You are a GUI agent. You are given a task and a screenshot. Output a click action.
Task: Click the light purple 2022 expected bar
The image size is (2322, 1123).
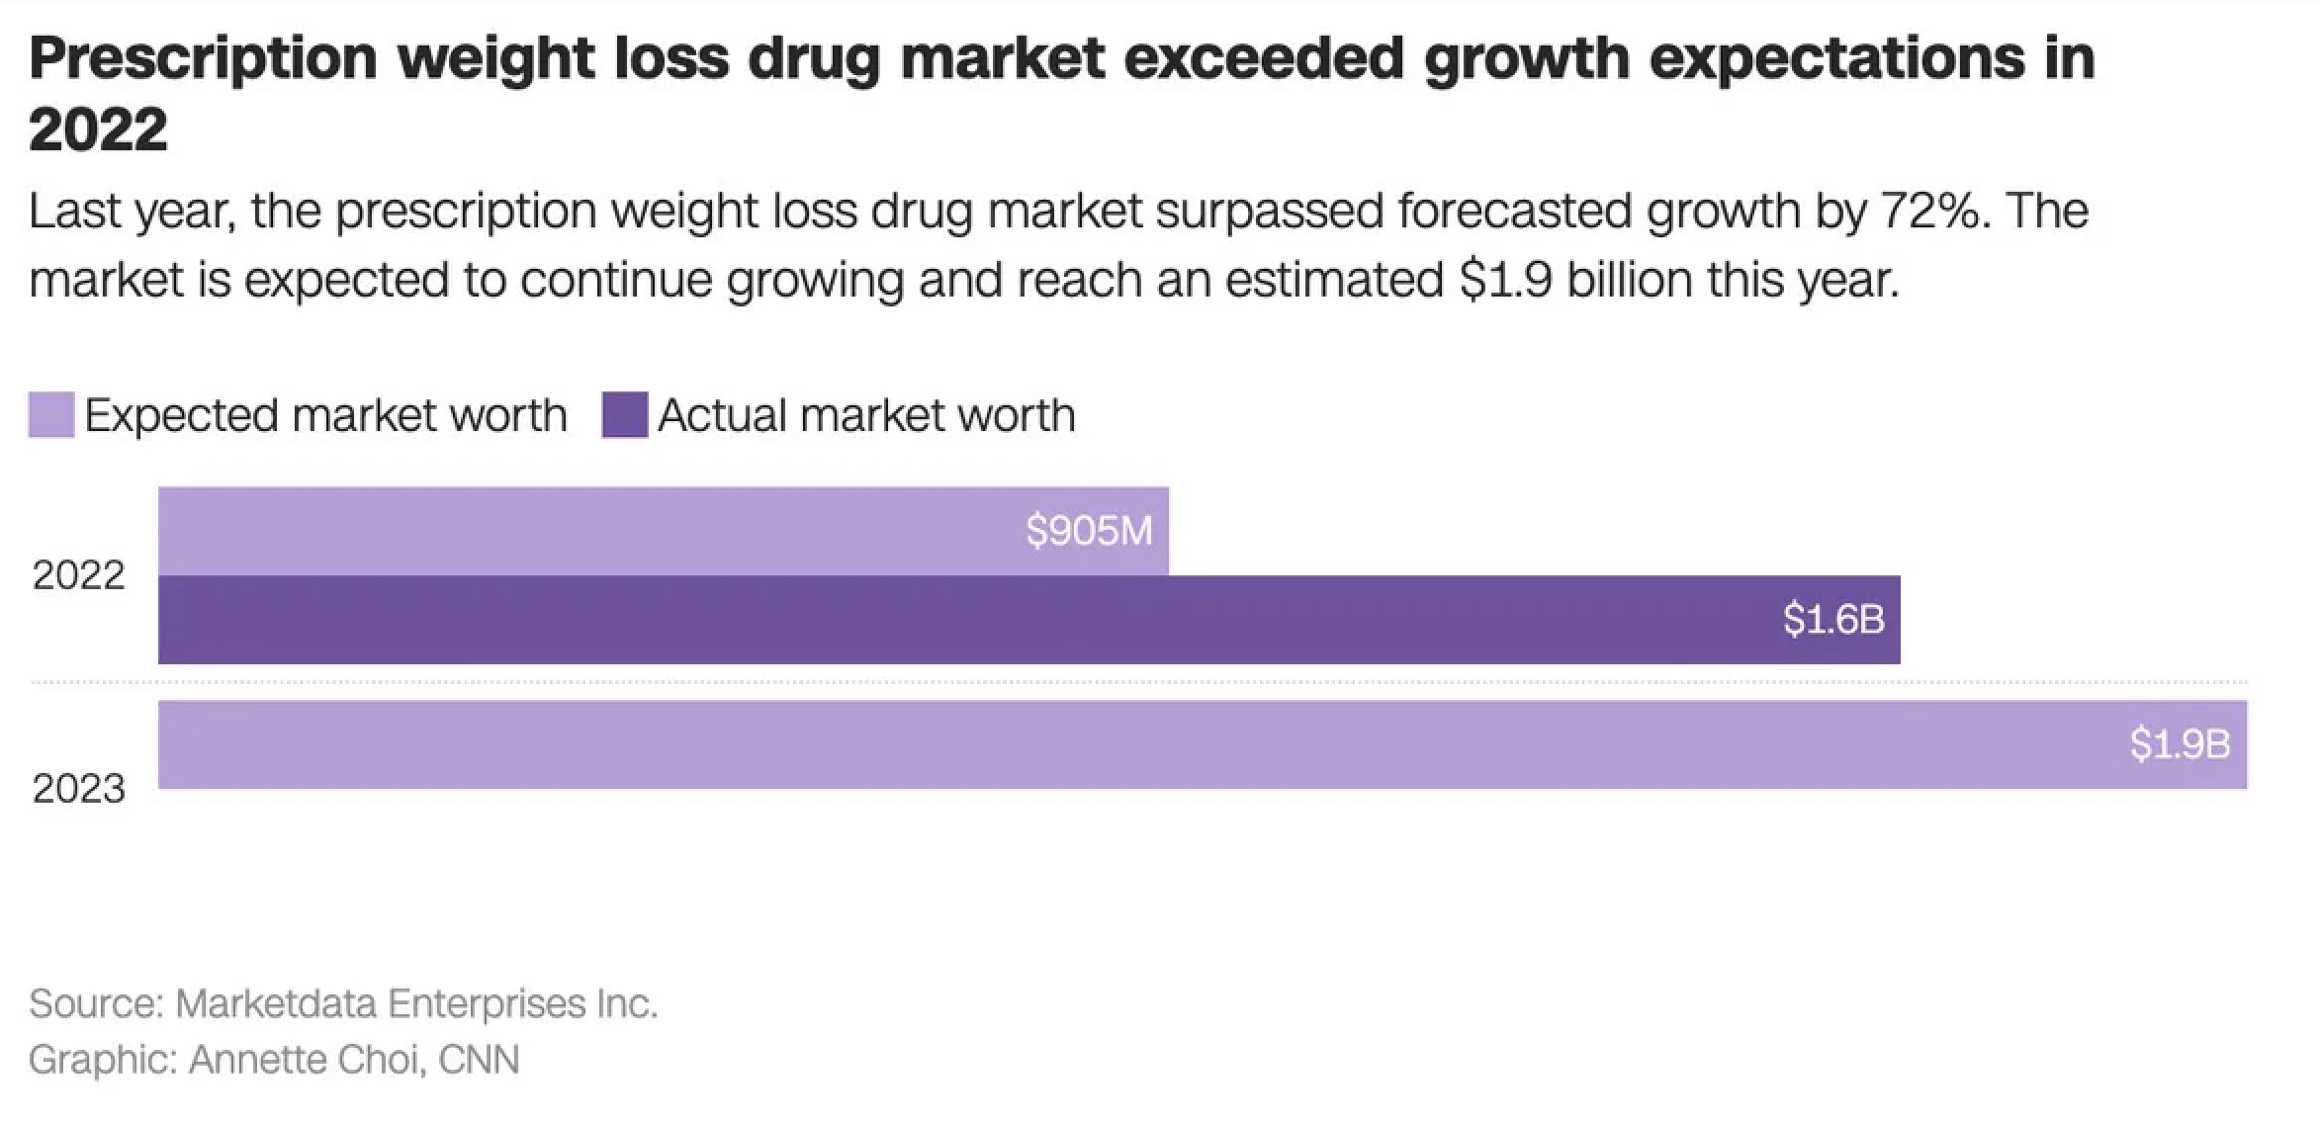click(x=593, y=531)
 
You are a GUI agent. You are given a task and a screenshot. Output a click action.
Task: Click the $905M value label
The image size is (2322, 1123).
click(x=1089, y=532)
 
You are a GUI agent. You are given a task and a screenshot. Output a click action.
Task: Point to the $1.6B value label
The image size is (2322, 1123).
click(x=1833, y=620)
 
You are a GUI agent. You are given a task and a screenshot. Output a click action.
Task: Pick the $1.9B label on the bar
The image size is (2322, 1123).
click(x=2180, y=744)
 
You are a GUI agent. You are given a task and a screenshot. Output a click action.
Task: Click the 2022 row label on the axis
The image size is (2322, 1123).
click(x=78, y=575)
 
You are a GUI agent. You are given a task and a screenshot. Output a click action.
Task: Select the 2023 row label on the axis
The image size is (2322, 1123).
click(x=78, y=789)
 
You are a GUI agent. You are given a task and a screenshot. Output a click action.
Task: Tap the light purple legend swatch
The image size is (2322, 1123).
click(x=51, y=415)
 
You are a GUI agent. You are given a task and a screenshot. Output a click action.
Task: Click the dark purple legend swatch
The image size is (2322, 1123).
click(x=625, y=415)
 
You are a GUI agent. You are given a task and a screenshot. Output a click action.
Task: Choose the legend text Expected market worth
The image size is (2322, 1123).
click(x=325, y=415)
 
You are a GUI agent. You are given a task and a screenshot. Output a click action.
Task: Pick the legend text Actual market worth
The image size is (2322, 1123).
click(x=866, y=415)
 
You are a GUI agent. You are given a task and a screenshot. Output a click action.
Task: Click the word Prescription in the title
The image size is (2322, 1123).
click(x=203, y=57)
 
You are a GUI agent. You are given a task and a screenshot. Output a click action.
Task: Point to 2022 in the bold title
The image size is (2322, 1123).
click(x=98, y=130)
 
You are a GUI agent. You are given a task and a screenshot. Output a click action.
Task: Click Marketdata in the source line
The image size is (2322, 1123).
click(x=275, y=1003)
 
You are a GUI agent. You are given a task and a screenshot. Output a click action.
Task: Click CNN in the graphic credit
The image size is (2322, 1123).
click(x=479, y=1060)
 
